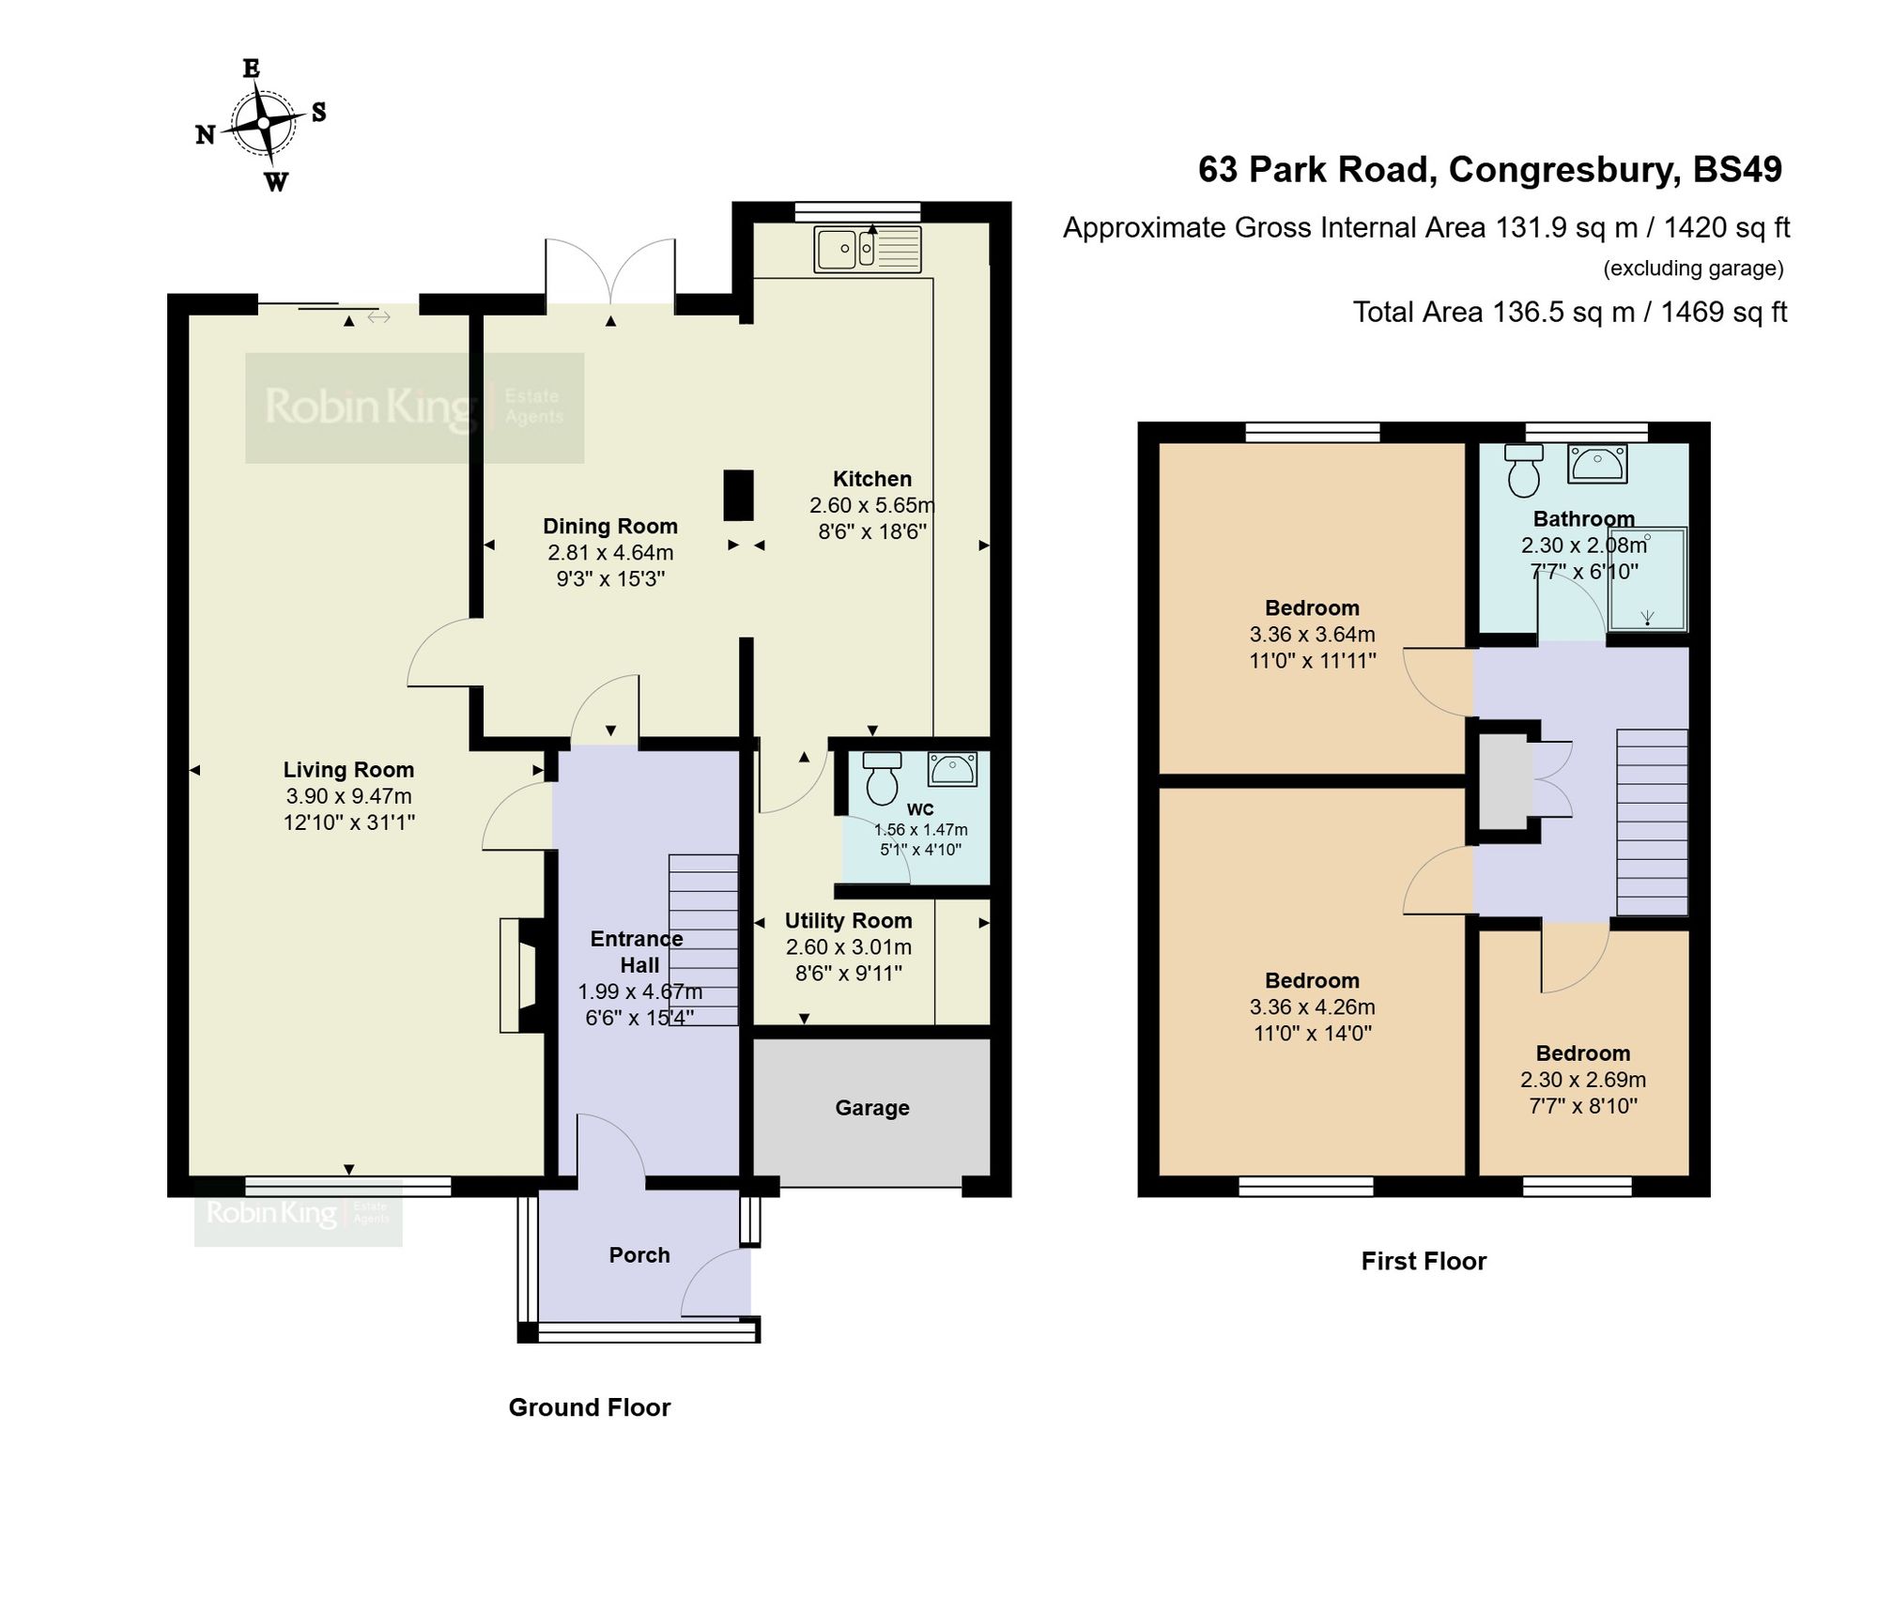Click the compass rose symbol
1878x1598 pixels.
coord(264,123)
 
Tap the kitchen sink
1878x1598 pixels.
coord(868,249)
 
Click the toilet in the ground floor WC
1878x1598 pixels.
coord(882,778)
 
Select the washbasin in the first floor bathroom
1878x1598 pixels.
coord(1597,464)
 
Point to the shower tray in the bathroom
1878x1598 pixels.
coord(1647,578)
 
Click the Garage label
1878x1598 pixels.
coord(872,1108)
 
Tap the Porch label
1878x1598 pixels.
coord(639,1255)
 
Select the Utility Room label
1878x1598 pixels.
coord(849,921)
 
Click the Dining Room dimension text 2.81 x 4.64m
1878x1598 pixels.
coord(610,553)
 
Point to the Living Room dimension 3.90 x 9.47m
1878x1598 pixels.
coord(348,796)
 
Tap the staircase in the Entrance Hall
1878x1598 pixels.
coord(703,939)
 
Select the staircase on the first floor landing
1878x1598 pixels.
coord(1652,822)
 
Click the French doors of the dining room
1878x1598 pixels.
coord(610,272)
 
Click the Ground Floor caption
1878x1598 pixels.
coord(590,1407)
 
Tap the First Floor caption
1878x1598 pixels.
coord(1424,1261)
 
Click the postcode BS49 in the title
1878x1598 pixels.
coord(1737,170)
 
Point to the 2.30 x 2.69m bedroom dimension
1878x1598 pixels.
coord(1583,1080)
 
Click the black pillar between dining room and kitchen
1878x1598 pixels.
coord(738,495)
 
